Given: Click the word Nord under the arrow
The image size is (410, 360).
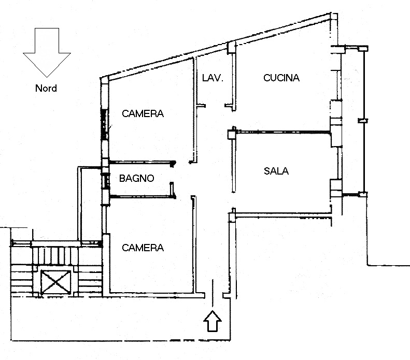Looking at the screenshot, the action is (46, 88).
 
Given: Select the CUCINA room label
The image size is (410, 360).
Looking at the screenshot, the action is (281, 78).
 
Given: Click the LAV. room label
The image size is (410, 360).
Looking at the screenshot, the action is (213, 78).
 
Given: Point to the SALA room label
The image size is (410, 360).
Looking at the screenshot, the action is (276, 171).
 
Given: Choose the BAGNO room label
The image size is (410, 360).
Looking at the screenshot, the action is (136, 178).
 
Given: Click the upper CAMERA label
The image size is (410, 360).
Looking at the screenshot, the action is (143, 113).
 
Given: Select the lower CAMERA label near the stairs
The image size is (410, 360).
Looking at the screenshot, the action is (143, 248).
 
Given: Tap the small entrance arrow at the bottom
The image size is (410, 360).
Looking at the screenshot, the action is (213, 321).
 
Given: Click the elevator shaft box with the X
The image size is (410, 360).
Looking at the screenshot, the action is (56, 282).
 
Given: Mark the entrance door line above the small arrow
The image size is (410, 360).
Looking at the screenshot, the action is (213, 293).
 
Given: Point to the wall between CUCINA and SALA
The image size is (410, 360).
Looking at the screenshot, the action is (283, 133).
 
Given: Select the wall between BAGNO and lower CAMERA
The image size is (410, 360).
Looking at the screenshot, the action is (143, 196).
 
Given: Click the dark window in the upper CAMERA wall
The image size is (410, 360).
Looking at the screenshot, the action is (105, 124).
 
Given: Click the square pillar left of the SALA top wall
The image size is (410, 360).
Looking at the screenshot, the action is (232, 134).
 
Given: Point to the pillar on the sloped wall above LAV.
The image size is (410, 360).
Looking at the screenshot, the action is (231, 48).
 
